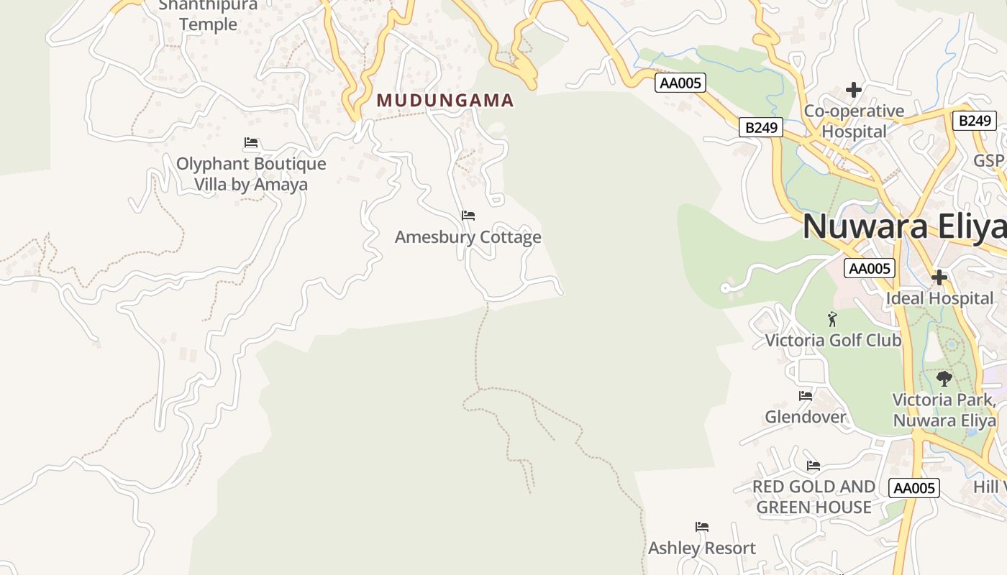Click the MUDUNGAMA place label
coord(445,101)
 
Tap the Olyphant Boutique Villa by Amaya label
coord(251,174)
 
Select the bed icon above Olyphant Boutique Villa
coord(251,142)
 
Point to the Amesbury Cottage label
coord(468,237)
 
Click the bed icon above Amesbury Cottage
coord(468,215)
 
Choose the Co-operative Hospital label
coord(854,121)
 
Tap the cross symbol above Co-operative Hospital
coord(854,90)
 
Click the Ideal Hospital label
coord(939,298)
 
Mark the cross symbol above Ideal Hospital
coord(939,277)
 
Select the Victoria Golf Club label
coord(833,340)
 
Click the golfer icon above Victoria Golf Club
coord(833,318)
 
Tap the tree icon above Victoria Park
coord(944,378)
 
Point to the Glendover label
coord(806,417)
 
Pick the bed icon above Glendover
coord(806,395)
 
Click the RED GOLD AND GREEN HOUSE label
coord(814,497)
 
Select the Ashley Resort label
coord(702,548)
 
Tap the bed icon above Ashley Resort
coord(702,527)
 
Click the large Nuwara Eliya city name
coord(904,226)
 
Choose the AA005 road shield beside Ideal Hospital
coord(870,269)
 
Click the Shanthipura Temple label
coord(208,14)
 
